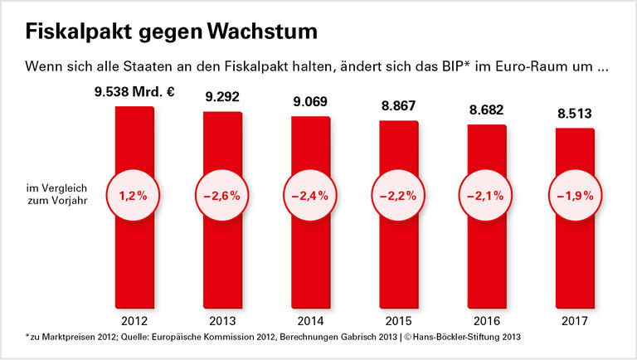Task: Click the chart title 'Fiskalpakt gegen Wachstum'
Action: click(x=171, y=32)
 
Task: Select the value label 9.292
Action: click(x=222, y=97)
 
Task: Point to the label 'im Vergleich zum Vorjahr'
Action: click(x=51, y=195)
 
